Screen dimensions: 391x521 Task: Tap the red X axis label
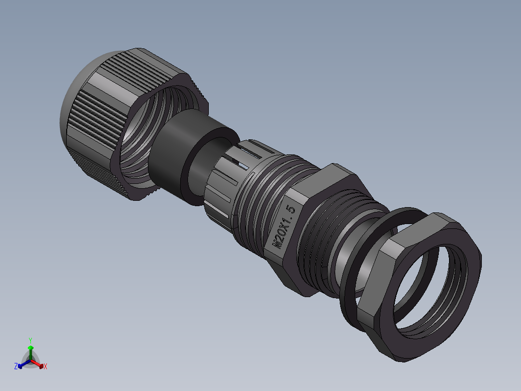(x=45, y=367)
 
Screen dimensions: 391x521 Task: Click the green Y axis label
(x=30, y=340)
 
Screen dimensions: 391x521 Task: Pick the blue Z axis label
(x=16, y=367)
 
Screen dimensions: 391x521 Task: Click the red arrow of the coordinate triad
(x=40, y=364)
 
